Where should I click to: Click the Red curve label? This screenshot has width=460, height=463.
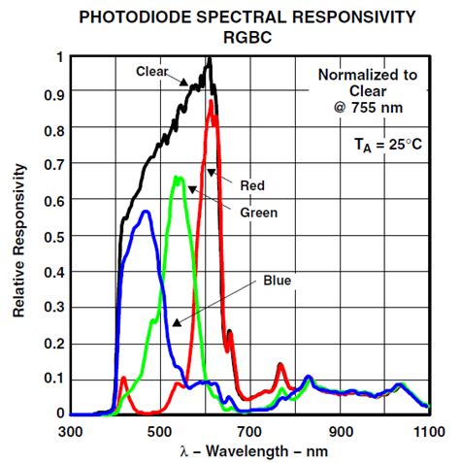pos(251,184)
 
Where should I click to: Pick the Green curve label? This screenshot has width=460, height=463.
pos(260,212)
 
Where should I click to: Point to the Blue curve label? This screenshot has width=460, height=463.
pos(277,281)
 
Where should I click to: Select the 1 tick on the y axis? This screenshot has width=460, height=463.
pos(60,57)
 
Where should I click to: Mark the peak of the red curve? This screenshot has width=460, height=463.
pos(211,101)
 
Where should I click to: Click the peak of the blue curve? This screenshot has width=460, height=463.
pos(146,212)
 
